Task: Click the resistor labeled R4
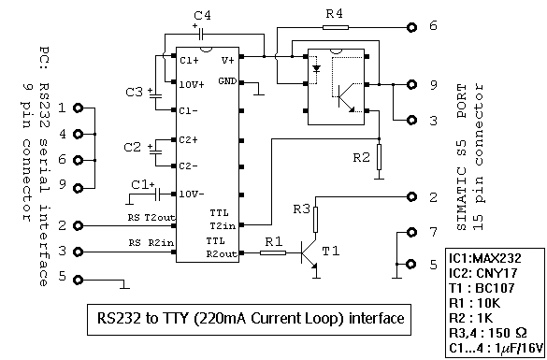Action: coord(335,27)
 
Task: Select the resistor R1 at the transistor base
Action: coord(272,253)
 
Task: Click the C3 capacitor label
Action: coord(135,92)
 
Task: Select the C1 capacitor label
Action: coord(141,183)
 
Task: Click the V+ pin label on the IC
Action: coord(227,59)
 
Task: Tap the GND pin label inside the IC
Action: coord(227,81)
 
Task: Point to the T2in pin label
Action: coord(223,224)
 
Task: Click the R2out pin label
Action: coord(222,252)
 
